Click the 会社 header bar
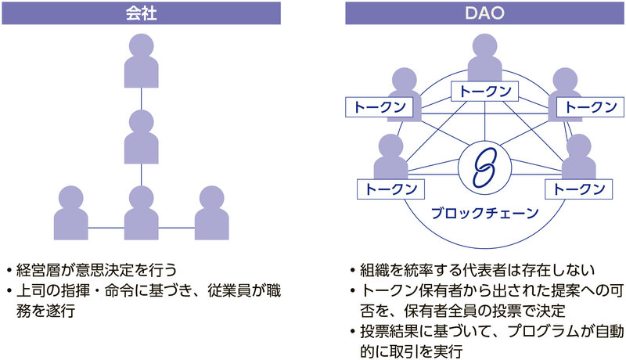tap(141, 13)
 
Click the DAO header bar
tap(485, 13)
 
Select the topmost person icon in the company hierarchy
tap(141, 63)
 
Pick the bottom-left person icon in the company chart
tap(71, 212)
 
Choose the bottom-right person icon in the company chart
tap(210, 212)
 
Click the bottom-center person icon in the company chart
tap(141, 212)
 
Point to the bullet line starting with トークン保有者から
tap(485, 300)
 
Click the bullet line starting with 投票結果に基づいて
tap(485, 339)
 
